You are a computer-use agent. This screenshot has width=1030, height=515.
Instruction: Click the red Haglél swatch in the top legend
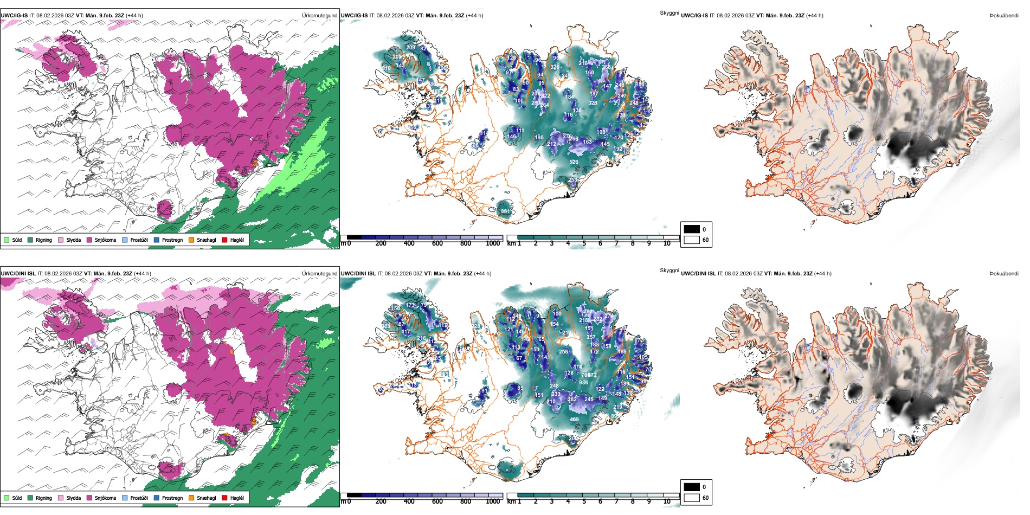pos(224,240)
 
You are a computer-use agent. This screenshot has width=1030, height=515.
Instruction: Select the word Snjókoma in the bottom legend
pos(105,498)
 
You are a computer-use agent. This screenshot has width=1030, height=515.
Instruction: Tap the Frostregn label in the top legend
pos(172,240)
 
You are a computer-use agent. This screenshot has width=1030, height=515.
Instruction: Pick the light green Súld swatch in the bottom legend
pos(7,498)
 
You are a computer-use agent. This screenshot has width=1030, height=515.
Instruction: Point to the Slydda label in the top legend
pos(73,240)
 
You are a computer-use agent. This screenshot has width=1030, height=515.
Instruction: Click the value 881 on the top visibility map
pos(505,211)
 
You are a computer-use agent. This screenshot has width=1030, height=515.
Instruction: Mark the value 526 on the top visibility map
pos(574,162)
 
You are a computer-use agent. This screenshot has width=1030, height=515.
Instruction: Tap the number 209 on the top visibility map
pos(410,48)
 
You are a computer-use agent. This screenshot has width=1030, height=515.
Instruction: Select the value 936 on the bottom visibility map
pos(583,383)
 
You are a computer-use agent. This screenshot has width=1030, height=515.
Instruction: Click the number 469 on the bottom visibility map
pos(574,419)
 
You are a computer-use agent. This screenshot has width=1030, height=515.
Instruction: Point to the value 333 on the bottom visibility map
pos(556,394)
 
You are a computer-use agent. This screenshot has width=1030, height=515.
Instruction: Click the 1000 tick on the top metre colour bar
pos(493,243)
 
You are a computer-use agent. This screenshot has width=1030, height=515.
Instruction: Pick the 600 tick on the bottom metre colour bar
pos(437,501)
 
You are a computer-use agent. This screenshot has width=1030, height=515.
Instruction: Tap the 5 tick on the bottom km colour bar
pos(584,501)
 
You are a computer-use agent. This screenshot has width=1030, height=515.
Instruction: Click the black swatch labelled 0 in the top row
pos(692,229)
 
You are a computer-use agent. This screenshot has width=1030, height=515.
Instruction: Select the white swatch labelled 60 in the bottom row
pos(692,498)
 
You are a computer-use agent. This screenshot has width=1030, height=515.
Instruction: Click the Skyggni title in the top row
pos(669,12)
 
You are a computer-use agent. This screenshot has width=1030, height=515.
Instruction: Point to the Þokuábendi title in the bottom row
pos(1004,274)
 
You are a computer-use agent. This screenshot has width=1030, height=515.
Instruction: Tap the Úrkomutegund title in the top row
pos(319,16)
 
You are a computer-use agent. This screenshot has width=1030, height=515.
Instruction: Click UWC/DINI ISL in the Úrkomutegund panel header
pos(18,274)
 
